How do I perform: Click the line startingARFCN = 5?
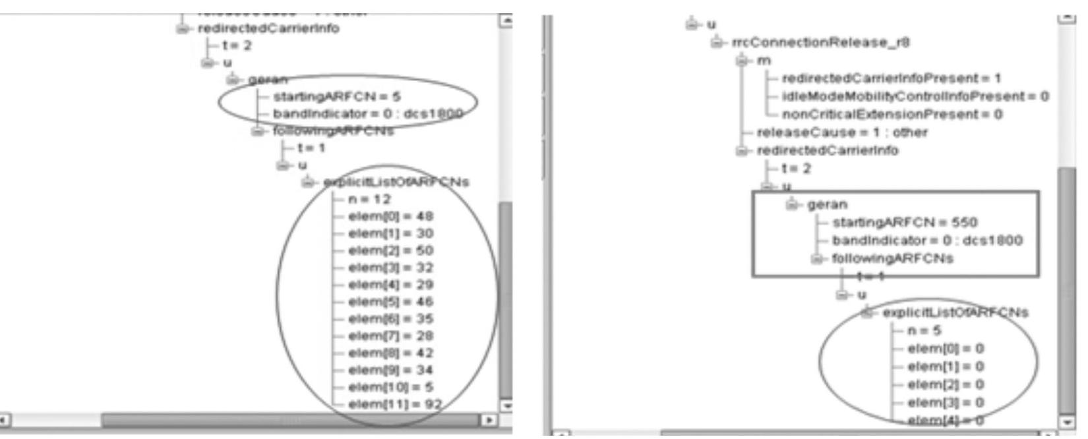point(336,97)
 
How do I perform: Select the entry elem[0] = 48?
point(390,216)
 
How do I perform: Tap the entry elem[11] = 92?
point(394,404)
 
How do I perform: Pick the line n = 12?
point(369,199)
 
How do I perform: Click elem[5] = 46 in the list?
point(390,302)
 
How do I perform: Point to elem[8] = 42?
point(390,353)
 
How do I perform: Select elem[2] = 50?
point(390,250)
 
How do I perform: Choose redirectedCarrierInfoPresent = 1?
point(890,78)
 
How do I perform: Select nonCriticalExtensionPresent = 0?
point(892,114)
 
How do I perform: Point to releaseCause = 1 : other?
point(841,132)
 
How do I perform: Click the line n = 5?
point(924,331)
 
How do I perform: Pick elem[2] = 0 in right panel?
point(945,384)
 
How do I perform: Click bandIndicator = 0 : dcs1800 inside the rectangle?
point(926,240)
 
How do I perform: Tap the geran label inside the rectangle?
point(827,204)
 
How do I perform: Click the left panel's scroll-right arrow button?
point(489,420)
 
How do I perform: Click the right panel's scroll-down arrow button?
point(1066,421)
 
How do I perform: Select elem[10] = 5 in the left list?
point(390,387)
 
